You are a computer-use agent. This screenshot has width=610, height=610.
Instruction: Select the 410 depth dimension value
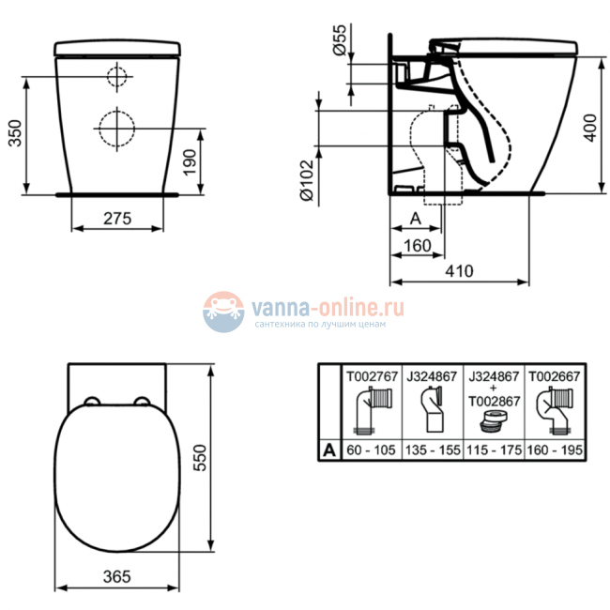point(459,270)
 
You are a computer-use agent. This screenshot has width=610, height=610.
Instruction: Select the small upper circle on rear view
point(116,76)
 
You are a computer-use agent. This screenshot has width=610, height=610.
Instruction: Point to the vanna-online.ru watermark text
point(325,306)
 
